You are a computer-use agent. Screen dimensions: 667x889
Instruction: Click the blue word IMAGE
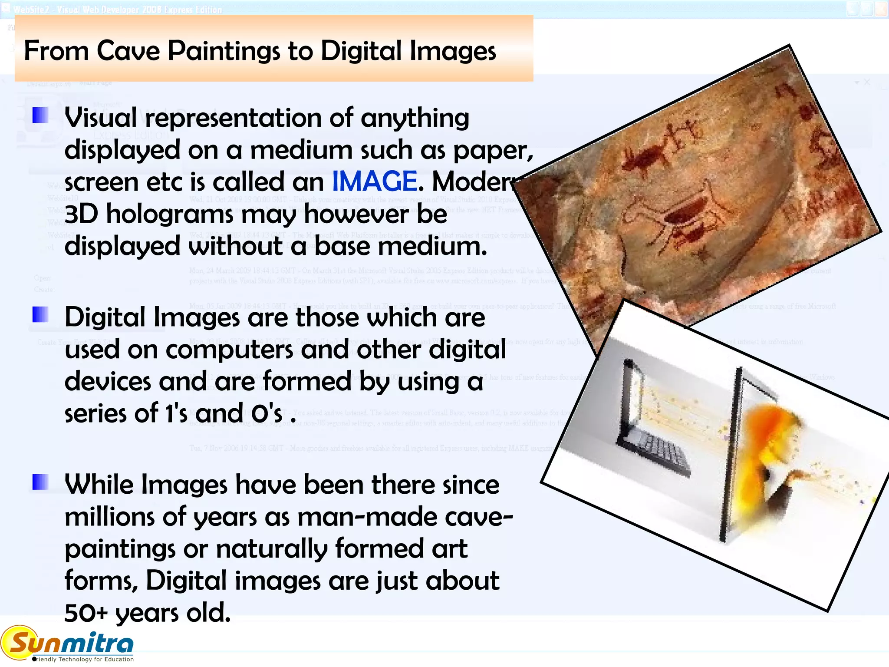[x=374, y=181]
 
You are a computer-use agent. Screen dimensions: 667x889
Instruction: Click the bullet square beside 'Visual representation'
[x=40, y=115]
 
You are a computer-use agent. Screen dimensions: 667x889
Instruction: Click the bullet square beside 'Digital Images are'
[x=40, y=314]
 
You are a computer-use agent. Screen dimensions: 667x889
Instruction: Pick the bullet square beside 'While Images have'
[x=40, y=482]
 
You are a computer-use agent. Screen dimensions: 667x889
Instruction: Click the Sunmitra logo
[x=69, y=643]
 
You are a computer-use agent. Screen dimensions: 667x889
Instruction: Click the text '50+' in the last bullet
[x=86, y=613]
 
